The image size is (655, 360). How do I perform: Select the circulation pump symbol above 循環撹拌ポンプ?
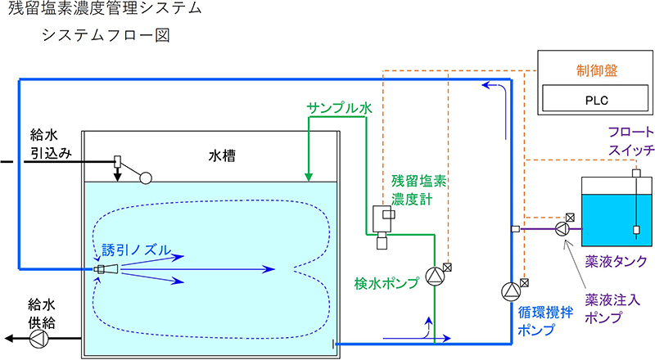510,290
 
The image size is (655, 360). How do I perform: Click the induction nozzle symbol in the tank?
106,268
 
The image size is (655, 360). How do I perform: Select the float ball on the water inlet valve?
146,176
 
